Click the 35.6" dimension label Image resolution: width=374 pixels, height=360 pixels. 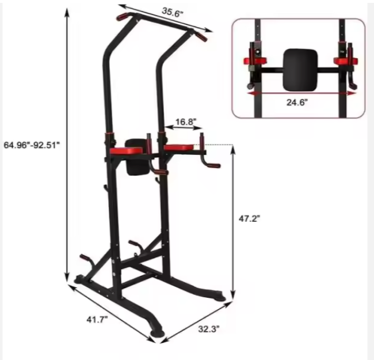(172, 11)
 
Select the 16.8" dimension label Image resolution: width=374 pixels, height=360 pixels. (185, 122)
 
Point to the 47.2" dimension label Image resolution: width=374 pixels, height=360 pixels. (250, 218)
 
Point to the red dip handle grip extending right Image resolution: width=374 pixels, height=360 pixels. (212, 166)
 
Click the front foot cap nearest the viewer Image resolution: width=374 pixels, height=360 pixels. (157, 333)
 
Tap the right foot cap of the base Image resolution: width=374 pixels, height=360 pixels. (221, 297)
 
